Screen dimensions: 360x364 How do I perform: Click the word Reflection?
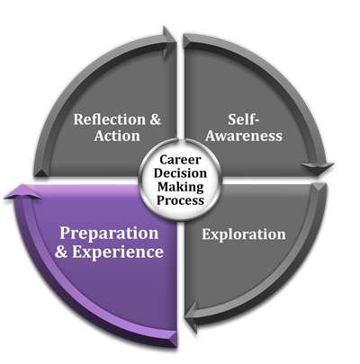(x=110, y=120)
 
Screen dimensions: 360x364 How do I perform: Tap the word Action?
(x=117, y=136)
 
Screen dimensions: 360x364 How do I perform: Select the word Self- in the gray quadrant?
(x=243, y=120)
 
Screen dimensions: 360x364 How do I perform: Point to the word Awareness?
(x=244, y=136)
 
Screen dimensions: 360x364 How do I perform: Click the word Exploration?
(x=244, y=235)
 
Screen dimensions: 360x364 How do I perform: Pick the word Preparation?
(x=109, y=234)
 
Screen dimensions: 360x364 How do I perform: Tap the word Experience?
(x=118, y=252)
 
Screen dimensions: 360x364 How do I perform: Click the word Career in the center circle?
(x=180, y=160)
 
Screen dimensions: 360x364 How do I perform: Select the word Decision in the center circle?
(x=180, y=173)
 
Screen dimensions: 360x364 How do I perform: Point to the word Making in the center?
(x=181, y=187)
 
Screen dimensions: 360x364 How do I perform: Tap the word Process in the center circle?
(x=180, y=200)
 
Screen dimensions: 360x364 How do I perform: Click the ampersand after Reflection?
(x=155, y=120)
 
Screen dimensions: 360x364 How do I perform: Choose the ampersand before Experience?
(x=61, y=252)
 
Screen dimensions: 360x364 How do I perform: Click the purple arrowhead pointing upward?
(x=22, y=192)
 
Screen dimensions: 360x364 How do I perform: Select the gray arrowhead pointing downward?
(x=318, y=169)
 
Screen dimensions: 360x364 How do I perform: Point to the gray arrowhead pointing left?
(x=192, y=316)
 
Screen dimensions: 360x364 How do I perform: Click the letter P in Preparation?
(x=65, y=234)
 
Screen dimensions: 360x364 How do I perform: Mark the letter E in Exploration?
(x=207, y=235)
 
